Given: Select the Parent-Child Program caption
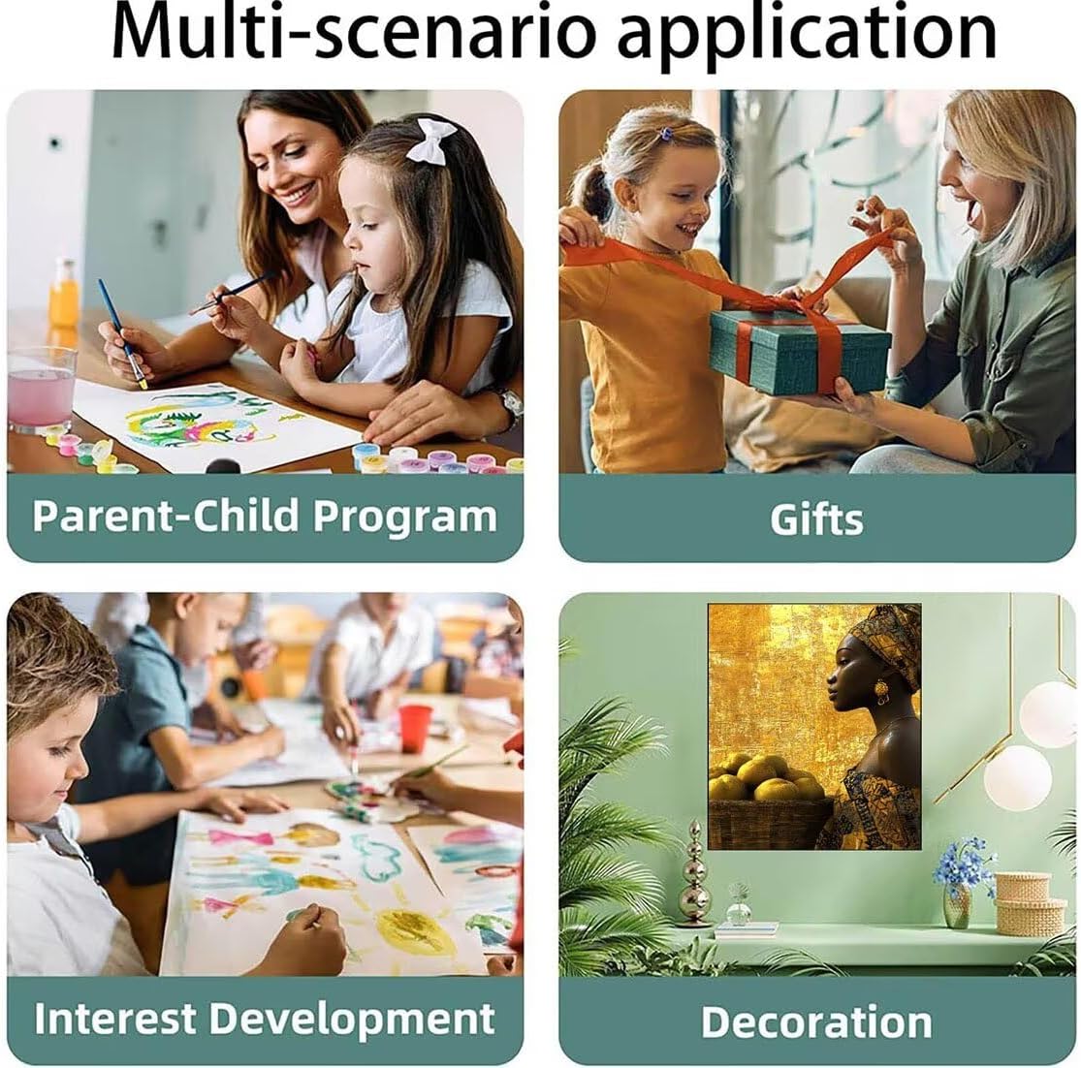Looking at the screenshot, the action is click(265, 517).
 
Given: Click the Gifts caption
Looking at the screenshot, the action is click(816, 519).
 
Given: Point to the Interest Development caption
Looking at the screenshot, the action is click(265, 1020).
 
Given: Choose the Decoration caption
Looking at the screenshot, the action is click(816, 1021).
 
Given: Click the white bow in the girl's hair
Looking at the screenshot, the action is click(430, 141).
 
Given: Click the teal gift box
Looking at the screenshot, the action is click(800, 351).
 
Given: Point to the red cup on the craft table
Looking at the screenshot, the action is click(414, 728).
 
